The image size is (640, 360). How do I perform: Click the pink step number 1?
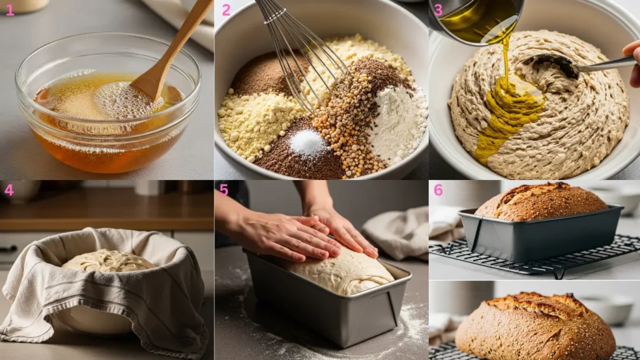[10, 10]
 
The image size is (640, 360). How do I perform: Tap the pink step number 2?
[226, 10]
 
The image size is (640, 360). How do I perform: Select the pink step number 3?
[438, 10]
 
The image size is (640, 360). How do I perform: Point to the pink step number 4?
[9, 190]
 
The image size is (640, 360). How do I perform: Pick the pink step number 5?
[224, 190]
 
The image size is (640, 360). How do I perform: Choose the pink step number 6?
[438, 190]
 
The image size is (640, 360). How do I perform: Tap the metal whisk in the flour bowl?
[302, 53]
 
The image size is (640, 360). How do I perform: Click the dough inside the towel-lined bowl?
[108, 261]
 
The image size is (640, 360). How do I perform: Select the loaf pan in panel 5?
[326, 298]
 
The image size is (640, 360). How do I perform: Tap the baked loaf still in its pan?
[541, 202]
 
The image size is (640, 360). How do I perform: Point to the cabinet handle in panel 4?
[8, 249]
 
